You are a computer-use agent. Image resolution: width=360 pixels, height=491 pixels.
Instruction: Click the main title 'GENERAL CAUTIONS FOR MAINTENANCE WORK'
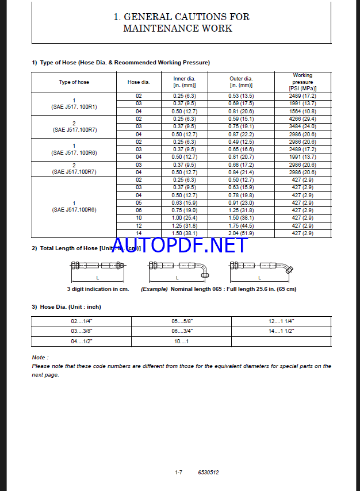point(181,22)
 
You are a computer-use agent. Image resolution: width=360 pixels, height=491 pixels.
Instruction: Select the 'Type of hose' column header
point(74,82)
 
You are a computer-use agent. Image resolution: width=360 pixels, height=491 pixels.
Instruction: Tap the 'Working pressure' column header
point(302,82)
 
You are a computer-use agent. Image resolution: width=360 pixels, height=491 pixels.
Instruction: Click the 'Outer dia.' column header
point(241,82)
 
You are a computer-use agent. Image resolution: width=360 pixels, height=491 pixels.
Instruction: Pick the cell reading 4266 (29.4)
point(303,119)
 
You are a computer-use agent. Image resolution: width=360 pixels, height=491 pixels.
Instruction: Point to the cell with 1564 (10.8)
point(303,111)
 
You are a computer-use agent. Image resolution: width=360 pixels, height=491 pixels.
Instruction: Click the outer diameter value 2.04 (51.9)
point(241,233)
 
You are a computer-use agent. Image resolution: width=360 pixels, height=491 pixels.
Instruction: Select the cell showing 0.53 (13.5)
point(241,96)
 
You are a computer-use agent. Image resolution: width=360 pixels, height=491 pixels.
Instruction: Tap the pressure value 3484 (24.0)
point(303,126)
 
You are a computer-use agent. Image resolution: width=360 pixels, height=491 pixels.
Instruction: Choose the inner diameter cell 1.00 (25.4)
point(185,218)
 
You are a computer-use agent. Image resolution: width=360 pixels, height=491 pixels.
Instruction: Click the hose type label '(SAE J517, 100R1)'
point(74,107)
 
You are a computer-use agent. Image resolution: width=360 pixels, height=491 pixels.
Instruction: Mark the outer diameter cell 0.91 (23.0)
point(241,203)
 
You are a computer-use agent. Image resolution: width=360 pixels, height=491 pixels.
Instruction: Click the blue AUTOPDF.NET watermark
point(180,246)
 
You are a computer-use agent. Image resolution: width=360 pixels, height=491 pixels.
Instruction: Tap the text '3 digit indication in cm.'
point(98,289)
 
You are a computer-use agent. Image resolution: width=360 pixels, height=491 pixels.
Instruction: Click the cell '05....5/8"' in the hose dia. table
point(181,321)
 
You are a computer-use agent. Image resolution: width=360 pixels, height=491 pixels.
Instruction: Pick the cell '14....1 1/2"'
point(281,331)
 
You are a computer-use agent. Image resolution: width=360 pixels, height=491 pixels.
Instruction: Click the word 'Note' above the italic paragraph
point(40,358)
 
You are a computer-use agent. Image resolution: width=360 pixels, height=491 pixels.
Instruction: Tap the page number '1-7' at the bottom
point(178,473)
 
